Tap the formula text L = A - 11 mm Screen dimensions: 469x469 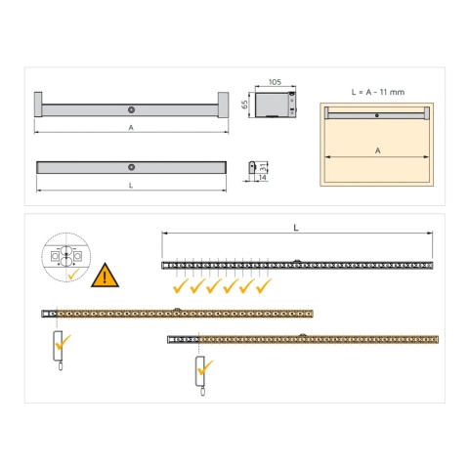pyautogui.click(x=376, y=90)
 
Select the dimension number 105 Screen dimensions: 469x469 pyautogui.click(x=275, y=84)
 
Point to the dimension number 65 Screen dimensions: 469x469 pyautogui.click(x=245, y=105)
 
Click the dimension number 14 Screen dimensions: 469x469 pyautogui.click(x=263, y=178)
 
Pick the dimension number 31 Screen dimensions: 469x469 pyautogui.click(x=265, y=166)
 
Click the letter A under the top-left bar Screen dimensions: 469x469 pyautogui.click(x=131, y=127)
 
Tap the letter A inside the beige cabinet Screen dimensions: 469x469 pyautogui.click(x=376, y=151)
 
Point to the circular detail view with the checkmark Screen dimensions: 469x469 pyautogui.click(x=67, y=258)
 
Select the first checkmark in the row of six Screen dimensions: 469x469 pyautogui.click(x=180, y=288)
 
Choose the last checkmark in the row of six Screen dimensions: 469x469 pyautogui.click(x=261, y=288)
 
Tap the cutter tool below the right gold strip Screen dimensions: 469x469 pyautogui.click(x=201, y=372)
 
